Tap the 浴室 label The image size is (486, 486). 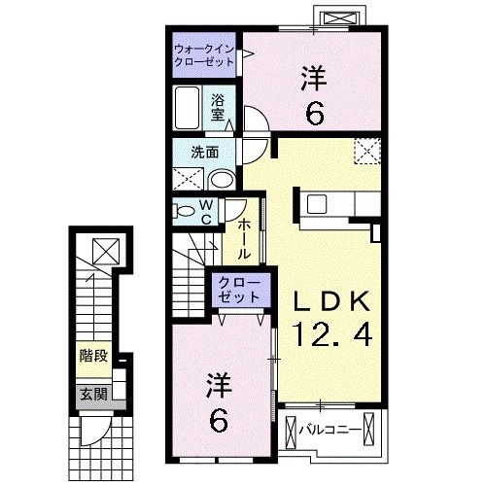219,106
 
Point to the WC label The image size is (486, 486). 206,211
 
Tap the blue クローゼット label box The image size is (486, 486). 237,289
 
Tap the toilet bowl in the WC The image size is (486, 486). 185,210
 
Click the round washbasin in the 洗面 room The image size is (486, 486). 221,179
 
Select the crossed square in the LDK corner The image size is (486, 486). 366,150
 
